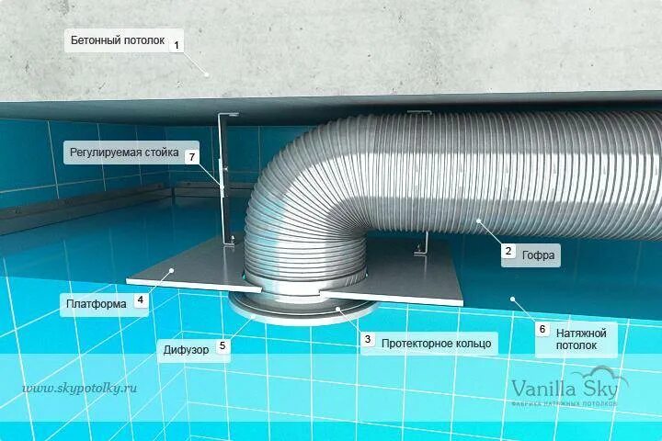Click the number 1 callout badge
(177, 42)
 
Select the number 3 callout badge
(368, 340)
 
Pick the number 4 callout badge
(140, 300)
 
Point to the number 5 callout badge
(222, 346)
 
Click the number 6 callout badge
(542, 328)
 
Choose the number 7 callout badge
(191, 157)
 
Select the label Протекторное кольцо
(436, 344)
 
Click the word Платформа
(96, 302)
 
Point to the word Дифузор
(187, 348)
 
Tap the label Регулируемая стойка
(123, 153)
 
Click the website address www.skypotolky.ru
(78, 388)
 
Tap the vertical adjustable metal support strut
(223, 179)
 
